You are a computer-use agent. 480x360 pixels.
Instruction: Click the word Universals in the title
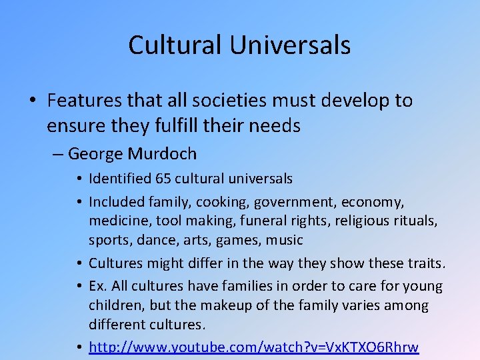click(x=291, y=45)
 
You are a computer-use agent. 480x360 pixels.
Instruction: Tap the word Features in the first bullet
click(x=85, y=101)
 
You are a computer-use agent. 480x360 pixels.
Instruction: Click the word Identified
click(x=118, y=179)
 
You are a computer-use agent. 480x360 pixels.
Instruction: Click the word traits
click(x=423, y=263)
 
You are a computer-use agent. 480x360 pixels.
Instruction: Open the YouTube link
click(x=254, y=347)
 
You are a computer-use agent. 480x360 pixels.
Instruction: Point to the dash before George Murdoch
click(x=57, y=154)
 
